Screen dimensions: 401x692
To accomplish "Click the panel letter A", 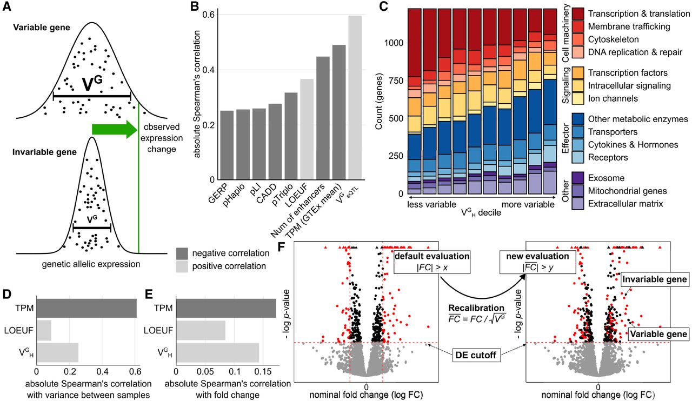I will coord(8,8).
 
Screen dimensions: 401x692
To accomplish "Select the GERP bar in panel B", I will coord(227,145).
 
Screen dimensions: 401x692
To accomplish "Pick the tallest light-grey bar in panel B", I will coord(355,98).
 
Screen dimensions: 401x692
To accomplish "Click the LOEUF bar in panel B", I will coord(307,130).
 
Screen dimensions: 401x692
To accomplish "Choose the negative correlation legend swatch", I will coord(184,253).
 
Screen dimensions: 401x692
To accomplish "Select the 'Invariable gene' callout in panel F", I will coord(654,279).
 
